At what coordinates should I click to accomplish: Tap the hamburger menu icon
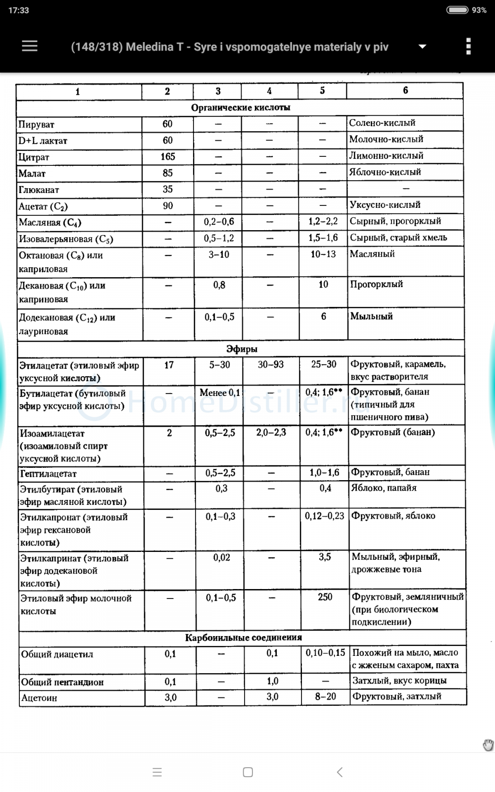click(30, 46)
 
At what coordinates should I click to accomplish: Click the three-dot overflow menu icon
click(468, 46)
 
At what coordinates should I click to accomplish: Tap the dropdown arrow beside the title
click(422, 47)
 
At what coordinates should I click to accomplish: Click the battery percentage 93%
click(479, 10)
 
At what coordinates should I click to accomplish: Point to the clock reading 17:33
click(19, 10)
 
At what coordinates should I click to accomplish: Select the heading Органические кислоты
click(241, 107)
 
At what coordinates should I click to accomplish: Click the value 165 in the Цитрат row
click(168, 156)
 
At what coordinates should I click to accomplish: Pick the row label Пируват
click(37, 124)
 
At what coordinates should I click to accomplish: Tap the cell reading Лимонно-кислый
click(386, 155)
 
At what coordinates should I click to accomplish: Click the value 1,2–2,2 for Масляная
click(323, 221)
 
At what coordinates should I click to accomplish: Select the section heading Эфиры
click(242, 349)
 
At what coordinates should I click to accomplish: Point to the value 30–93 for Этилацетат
click(271, 365)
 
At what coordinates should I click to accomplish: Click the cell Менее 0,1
click(219, 393)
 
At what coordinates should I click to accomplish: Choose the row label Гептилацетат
click(49, 474)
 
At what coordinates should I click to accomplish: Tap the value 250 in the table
click(325, 597)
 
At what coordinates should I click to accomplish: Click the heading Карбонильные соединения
click(243, 638)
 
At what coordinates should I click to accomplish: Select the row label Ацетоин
click(39, 698)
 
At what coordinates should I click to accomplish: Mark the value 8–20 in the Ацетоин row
click(325, 696)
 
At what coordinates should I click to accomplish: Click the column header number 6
click(405, 90)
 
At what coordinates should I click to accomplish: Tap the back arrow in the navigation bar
click(340, 772)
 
